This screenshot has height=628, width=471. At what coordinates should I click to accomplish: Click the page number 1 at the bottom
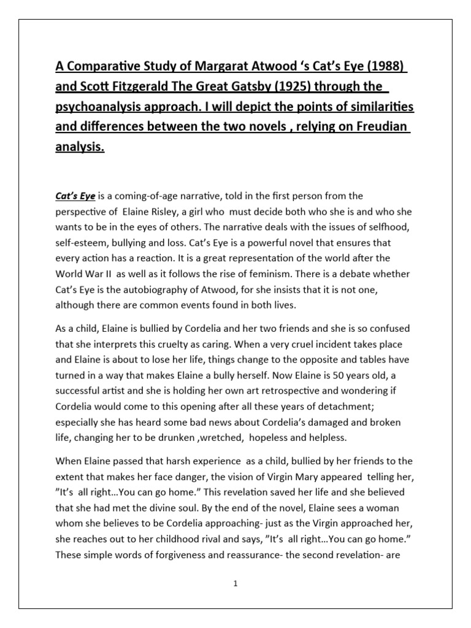[235, 584]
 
